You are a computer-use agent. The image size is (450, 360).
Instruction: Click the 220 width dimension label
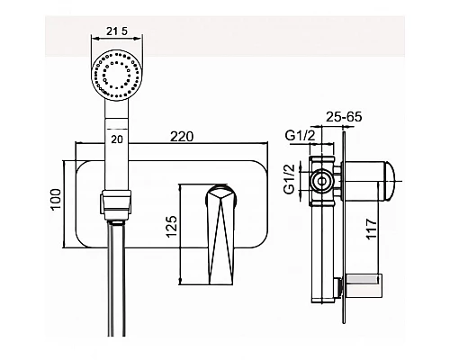pos(182,137)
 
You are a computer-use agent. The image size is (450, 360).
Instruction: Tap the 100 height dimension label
pos(56,200)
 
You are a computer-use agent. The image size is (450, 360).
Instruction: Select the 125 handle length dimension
pos(172,226)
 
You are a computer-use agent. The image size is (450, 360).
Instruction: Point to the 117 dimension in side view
pos(371,229)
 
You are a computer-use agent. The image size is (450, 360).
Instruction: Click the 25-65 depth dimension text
pos(344,117)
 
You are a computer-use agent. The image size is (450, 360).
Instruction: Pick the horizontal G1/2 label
pos(301,136)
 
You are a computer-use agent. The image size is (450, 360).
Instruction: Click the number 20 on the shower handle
pos(117,139)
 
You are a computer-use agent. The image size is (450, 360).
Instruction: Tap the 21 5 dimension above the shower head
pos(117,31)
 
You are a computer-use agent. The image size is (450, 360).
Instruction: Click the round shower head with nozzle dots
pos(117,75)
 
